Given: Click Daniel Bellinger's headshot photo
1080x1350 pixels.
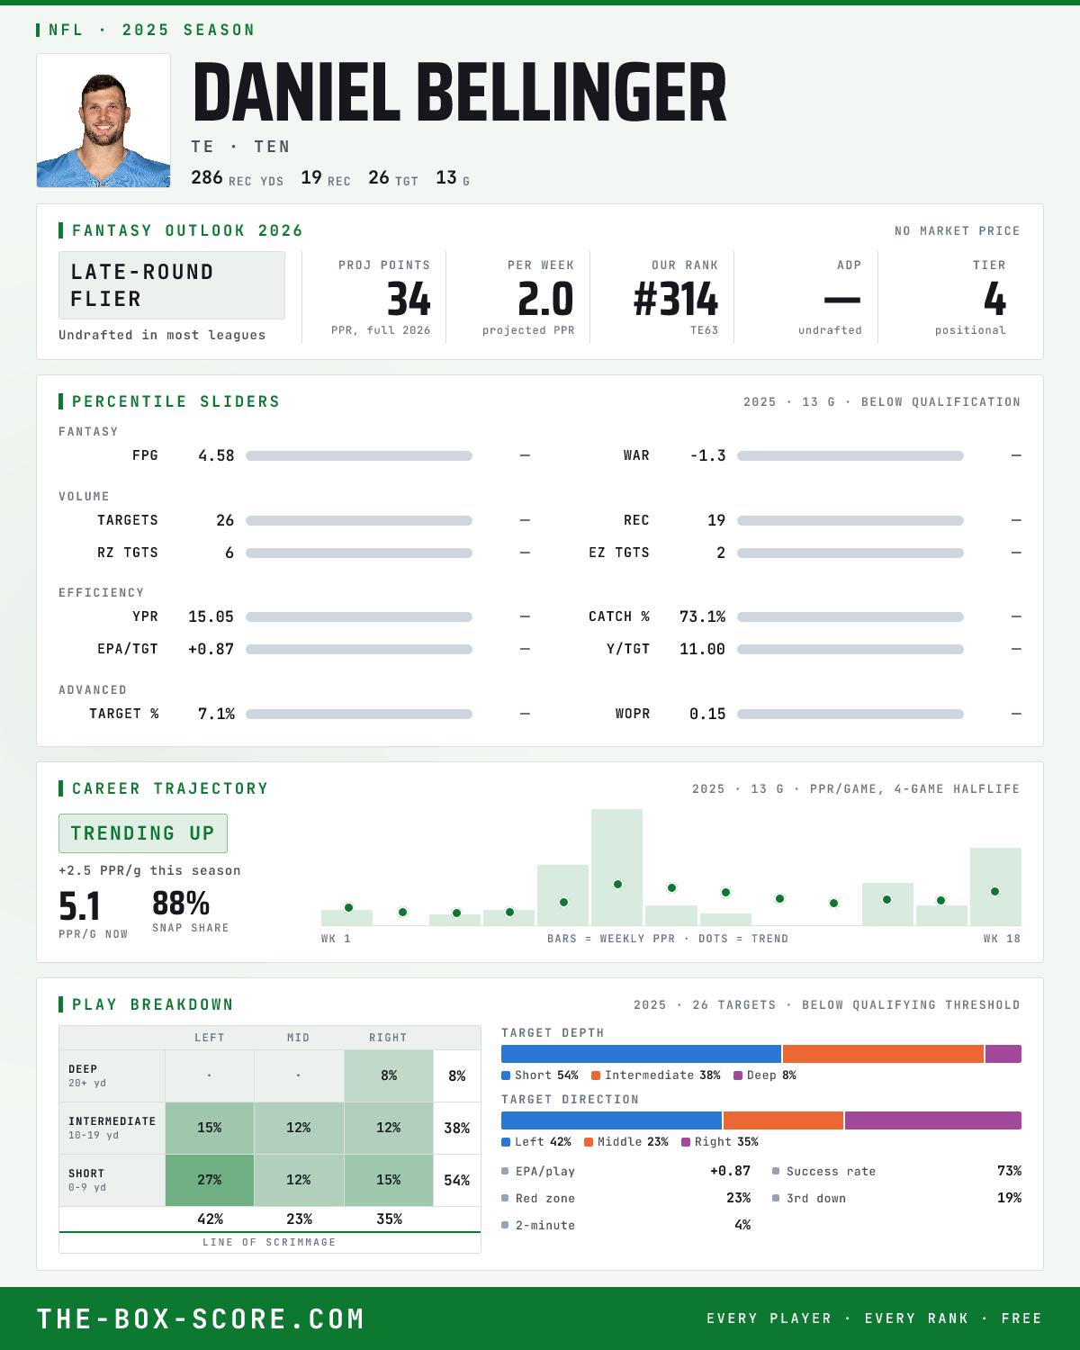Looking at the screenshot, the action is (103, 121).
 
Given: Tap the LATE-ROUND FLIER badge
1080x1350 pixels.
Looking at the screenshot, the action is (171, 285).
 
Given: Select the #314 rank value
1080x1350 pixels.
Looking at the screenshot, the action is (676, 299).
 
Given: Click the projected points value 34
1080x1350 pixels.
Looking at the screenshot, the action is (409, 299).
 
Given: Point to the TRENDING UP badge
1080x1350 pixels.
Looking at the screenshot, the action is (143, 833).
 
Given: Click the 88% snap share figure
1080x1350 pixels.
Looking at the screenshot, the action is (181, 904).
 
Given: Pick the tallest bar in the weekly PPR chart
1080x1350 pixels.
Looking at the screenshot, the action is (616, 867).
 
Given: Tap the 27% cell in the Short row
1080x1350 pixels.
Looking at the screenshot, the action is (210, 1180).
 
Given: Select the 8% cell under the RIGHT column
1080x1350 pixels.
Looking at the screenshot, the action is (389, 1075).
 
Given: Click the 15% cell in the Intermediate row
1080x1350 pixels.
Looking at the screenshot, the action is (210, 1128).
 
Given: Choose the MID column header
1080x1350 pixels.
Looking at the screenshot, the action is (298, 1038).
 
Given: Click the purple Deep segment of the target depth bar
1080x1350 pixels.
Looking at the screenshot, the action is (1003, 1054).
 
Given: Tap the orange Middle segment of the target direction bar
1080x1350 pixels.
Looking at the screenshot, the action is (783, 1120).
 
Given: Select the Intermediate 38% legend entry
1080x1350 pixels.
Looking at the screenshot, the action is (656, 1075).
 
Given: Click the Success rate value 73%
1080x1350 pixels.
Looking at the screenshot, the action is (1009, 1171).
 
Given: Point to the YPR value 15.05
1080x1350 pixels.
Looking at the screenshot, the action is (211, 616).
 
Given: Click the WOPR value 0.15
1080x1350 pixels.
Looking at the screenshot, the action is (707, 714).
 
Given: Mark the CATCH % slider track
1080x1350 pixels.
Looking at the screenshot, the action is (850, 617).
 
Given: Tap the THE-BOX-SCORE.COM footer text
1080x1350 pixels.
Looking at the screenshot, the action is (201, 1318).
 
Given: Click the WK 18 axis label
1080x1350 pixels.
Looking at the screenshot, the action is (1002, 939).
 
